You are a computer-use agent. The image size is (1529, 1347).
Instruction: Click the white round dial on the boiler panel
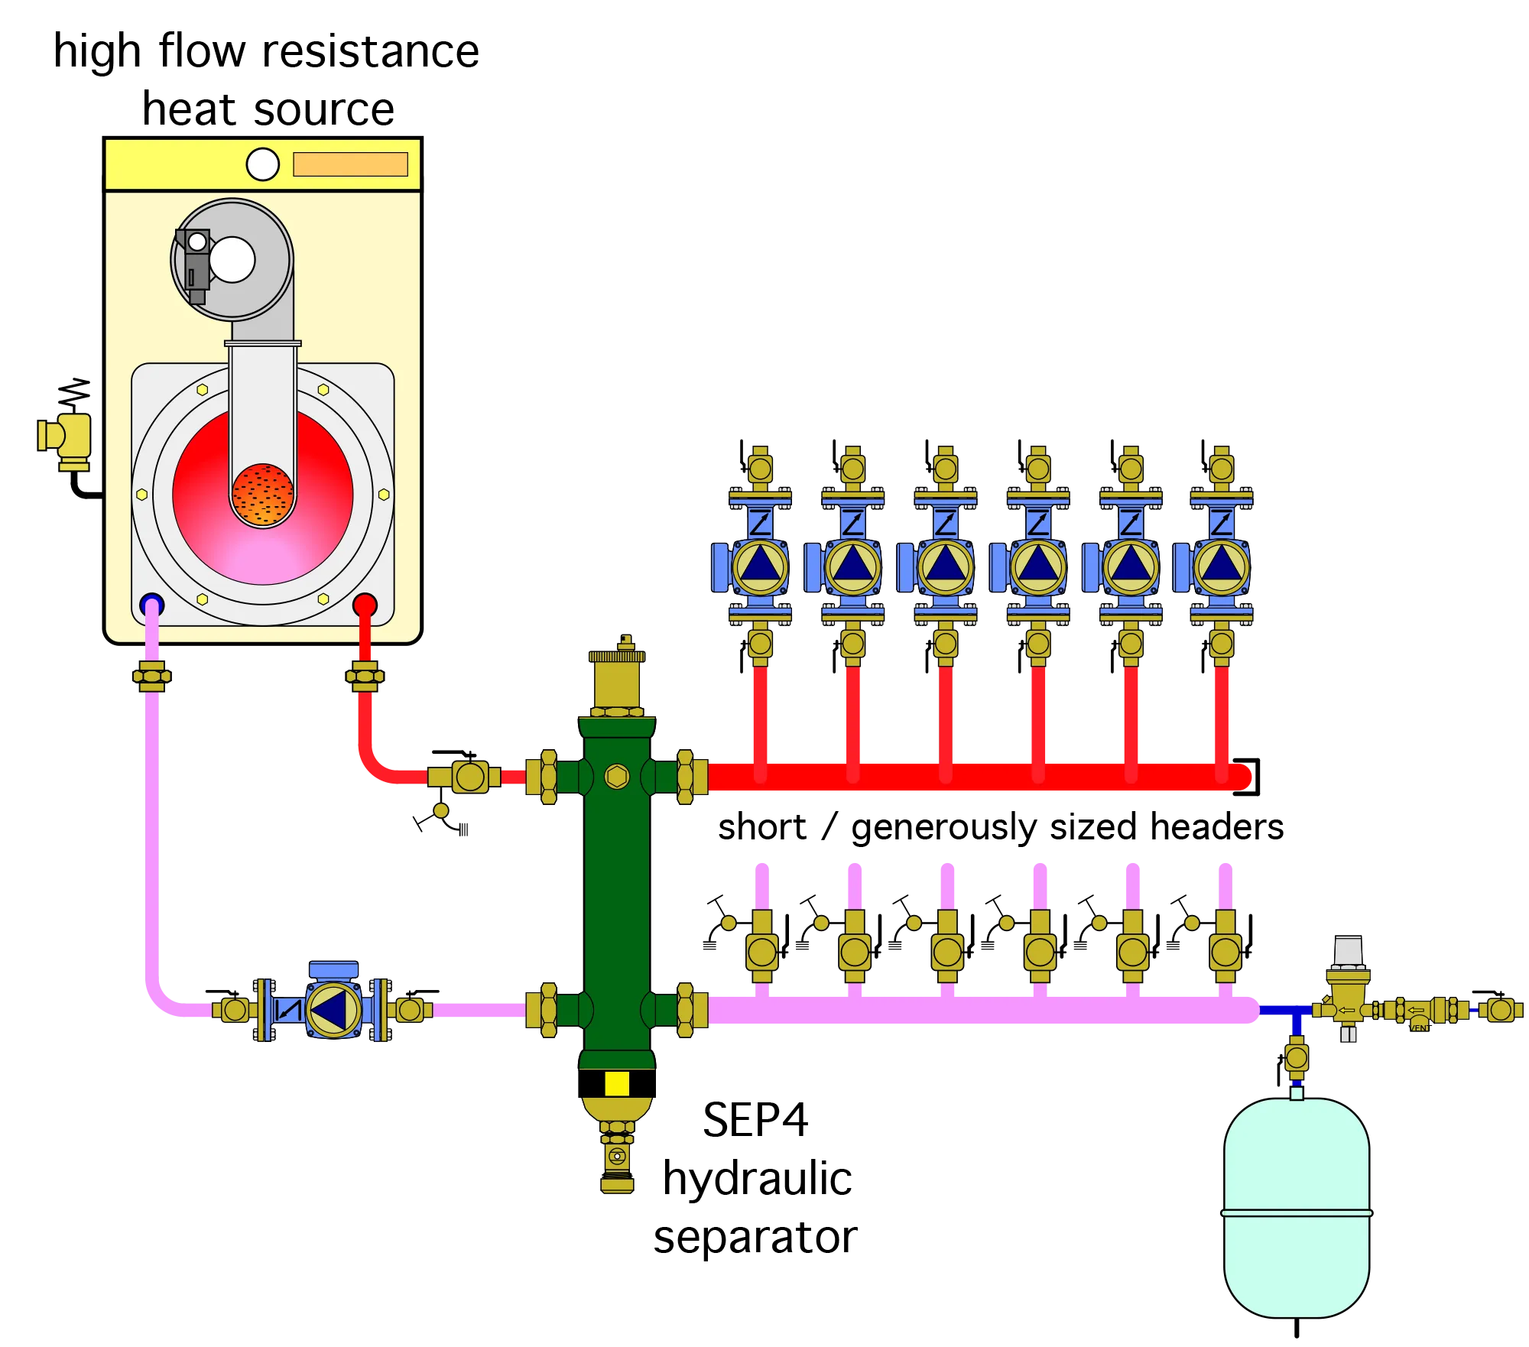[x=262, y=164]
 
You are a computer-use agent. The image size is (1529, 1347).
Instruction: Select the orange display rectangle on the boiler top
[x=350, y=164]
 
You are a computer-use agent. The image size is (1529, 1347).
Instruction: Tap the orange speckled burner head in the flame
[x=262, y=495]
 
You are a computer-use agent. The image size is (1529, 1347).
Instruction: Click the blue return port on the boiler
[x=152, y=604]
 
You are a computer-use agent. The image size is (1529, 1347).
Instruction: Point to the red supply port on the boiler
[x=365, y=605]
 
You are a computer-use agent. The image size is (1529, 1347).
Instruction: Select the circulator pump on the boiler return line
[x=333, y=1010]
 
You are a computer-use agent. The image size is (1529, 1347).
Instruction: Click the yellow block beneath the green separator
[x=617, y=1083]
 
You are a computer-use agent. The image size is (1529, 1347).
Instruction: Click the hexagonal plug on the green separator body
[x=617, y=777]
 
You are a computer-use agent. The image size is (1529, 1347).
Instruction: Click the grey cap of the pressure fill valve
[x=1348, y=950]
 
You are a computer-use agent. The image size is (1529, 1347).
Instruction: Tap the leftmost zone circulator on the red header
[x=759, y=566]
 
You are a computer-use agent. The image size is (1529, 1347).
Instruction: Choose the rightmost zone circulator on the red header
[x=1221, y=566]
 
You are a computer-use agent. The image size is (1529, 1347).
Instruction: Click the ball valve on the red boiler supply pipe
[x=469, y=777]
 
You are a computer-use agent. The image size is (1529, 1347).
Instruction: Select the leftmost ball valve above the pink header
[x=762, y=953]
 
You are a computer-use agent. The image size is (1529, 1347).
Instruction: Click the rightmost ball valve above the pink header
[x=1225, y=953]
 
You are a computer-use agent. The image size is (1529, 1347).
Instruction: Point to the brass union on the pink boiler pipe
[x=151, y=677]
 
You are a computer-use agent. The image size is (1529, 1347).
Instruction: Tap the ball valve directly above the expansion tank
[x=1297, y=1058]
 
